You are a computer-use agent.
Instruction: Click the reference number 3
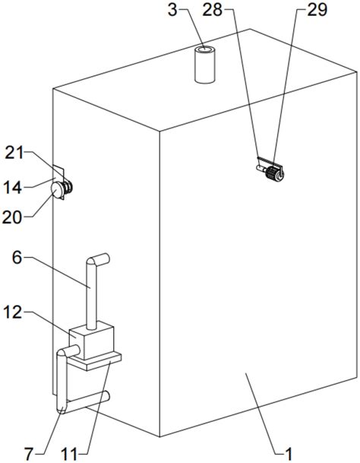172,11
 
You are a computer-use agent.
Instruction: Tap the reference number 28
213,10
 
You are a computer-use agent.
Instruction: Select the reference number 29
317,10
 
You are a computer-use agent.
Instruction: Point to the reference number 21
14,153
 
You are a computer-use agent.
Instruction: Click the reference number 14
13,188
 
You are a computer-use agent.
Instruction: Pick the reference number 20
12,217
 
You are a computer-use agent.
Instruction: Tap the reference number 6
17,258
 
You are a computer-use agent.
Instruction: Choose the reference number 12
13,312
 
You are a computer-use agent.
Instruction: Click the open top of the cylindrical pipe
204,50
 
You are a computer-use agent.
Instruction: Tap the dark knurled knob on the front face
272,173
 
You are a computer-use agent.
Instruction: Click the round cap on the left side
56,189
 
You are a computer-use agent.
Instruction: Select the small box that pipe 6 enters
91,341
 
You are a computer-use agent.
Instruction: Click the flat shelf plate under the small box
95,361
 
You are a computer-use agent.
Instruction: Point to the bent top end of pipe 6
98,260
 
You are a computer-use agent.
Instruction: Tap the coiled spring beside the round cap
68,187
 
